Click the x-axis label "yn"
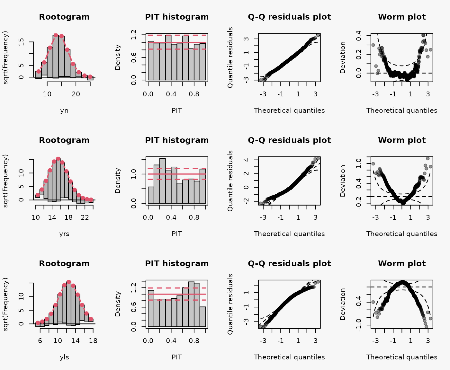point(64,110)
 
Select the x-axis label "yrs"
point(64,234)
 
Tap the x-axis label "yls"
point(64,357)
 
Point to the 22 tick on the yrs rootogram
point(85,217)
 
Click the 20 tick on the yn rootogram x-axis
point(76,94)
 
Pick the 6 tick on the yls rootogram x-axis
point(40,341)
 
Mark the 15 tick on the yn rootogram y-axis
point(21,42)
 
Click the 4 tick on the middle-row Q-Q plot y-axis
point(246,160)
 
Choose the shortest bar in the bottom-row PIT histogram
point(203,317)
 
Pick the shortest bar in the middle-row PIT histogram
point(151,195)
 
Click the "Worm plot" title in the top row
point(402,17)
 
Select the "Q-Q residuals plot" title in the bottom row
point(289,264)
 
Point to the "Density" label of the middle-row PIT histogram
point(118,181)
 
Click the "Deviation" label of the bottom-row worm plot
point(343,304)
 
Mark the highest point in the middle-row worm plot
point(428,158)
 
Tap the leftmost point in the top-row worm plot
point(373,45)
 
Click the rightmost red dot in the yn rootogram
point(90,77)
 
